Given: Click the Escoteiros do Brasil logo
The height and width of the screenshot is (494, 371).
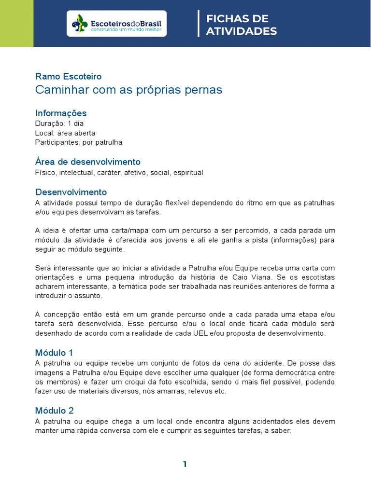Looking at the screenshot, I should tap(116, 24).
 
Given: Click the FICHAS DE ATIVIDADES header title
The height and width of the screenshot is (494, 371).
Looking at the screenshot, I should tap(241, 25).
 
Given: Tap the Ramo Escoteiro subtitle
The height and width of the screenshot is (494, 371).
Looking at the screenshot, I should tap(68, 76).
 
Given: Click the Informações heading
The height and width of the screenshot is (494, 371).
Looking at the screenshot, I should tap(61, 113).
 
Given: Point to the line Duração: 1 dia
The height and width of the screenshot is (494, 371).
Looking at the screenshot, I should tap(59, 123).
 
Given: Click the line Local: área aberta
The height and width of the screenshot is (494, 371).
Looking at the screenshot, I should tap(65, 133).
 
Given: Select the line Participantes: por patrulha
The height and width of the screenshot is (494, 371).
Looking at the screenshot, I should tap(78, 142).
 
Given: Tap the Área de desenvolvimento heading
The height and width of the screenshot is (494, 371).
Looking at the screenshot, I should tap(87, 162).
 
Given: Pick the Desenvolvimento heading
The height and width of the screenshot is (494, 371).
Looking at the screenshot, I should tap(71, 192).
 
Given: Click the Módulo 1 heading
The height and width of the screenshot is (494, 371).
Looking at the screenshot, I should tap(54, 353).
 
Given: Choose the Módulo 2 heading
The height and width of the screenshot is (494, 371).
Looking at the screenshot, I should tap(54, 411).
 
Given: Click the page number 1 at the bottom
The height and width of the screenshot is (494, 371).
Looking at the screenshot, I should tap(185, 464).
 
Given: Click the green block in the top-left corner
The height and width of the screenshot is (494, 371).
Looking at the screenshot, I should tap(16, 23).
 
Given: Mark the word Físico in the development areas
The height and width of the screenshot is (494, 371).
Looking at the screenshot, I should tap(45, 173).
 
